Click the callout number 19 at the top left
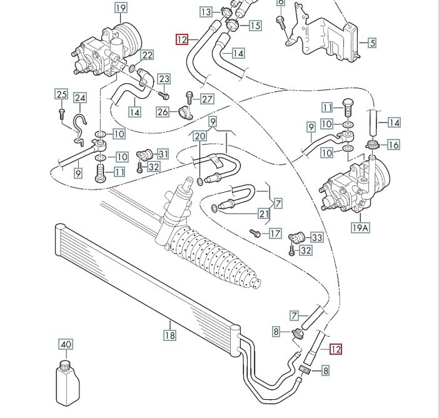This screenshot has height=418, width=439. click(x=121, y=8)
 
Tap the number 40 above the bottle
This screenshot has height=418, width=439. click(x=66, y=345)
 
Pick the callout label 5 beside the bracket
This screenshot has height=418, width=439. click(x=371, y=43)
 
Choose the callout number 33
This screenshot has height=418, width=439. click(x=316, y=238)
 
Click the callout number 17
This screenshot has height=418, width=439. click(x=275, y=234)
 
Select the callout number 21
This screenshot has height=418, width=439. click(x=263, y=215)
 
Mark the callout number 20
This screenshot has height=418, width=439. click(x=199, y=136)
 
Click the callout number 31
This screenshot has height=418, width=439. click(x=163, y=154)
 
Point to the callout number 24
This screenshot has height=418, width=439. click(x=80, y=98)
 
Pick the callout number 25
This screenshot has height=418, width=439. click(x=61, y=94)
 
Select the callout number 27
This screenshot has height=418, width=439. click(x=207, y=99)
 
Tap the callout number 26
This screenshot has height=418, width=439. click(x=163, y=113)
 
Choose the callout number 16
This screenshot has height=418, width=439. click(x=393, y=145)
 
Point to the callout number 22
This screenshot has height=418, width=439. click(x=147, y=55)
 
